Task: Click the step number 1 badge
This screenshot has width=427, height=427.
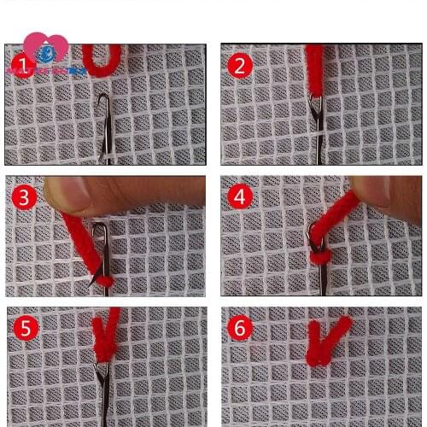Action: (x=20, y=66)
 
